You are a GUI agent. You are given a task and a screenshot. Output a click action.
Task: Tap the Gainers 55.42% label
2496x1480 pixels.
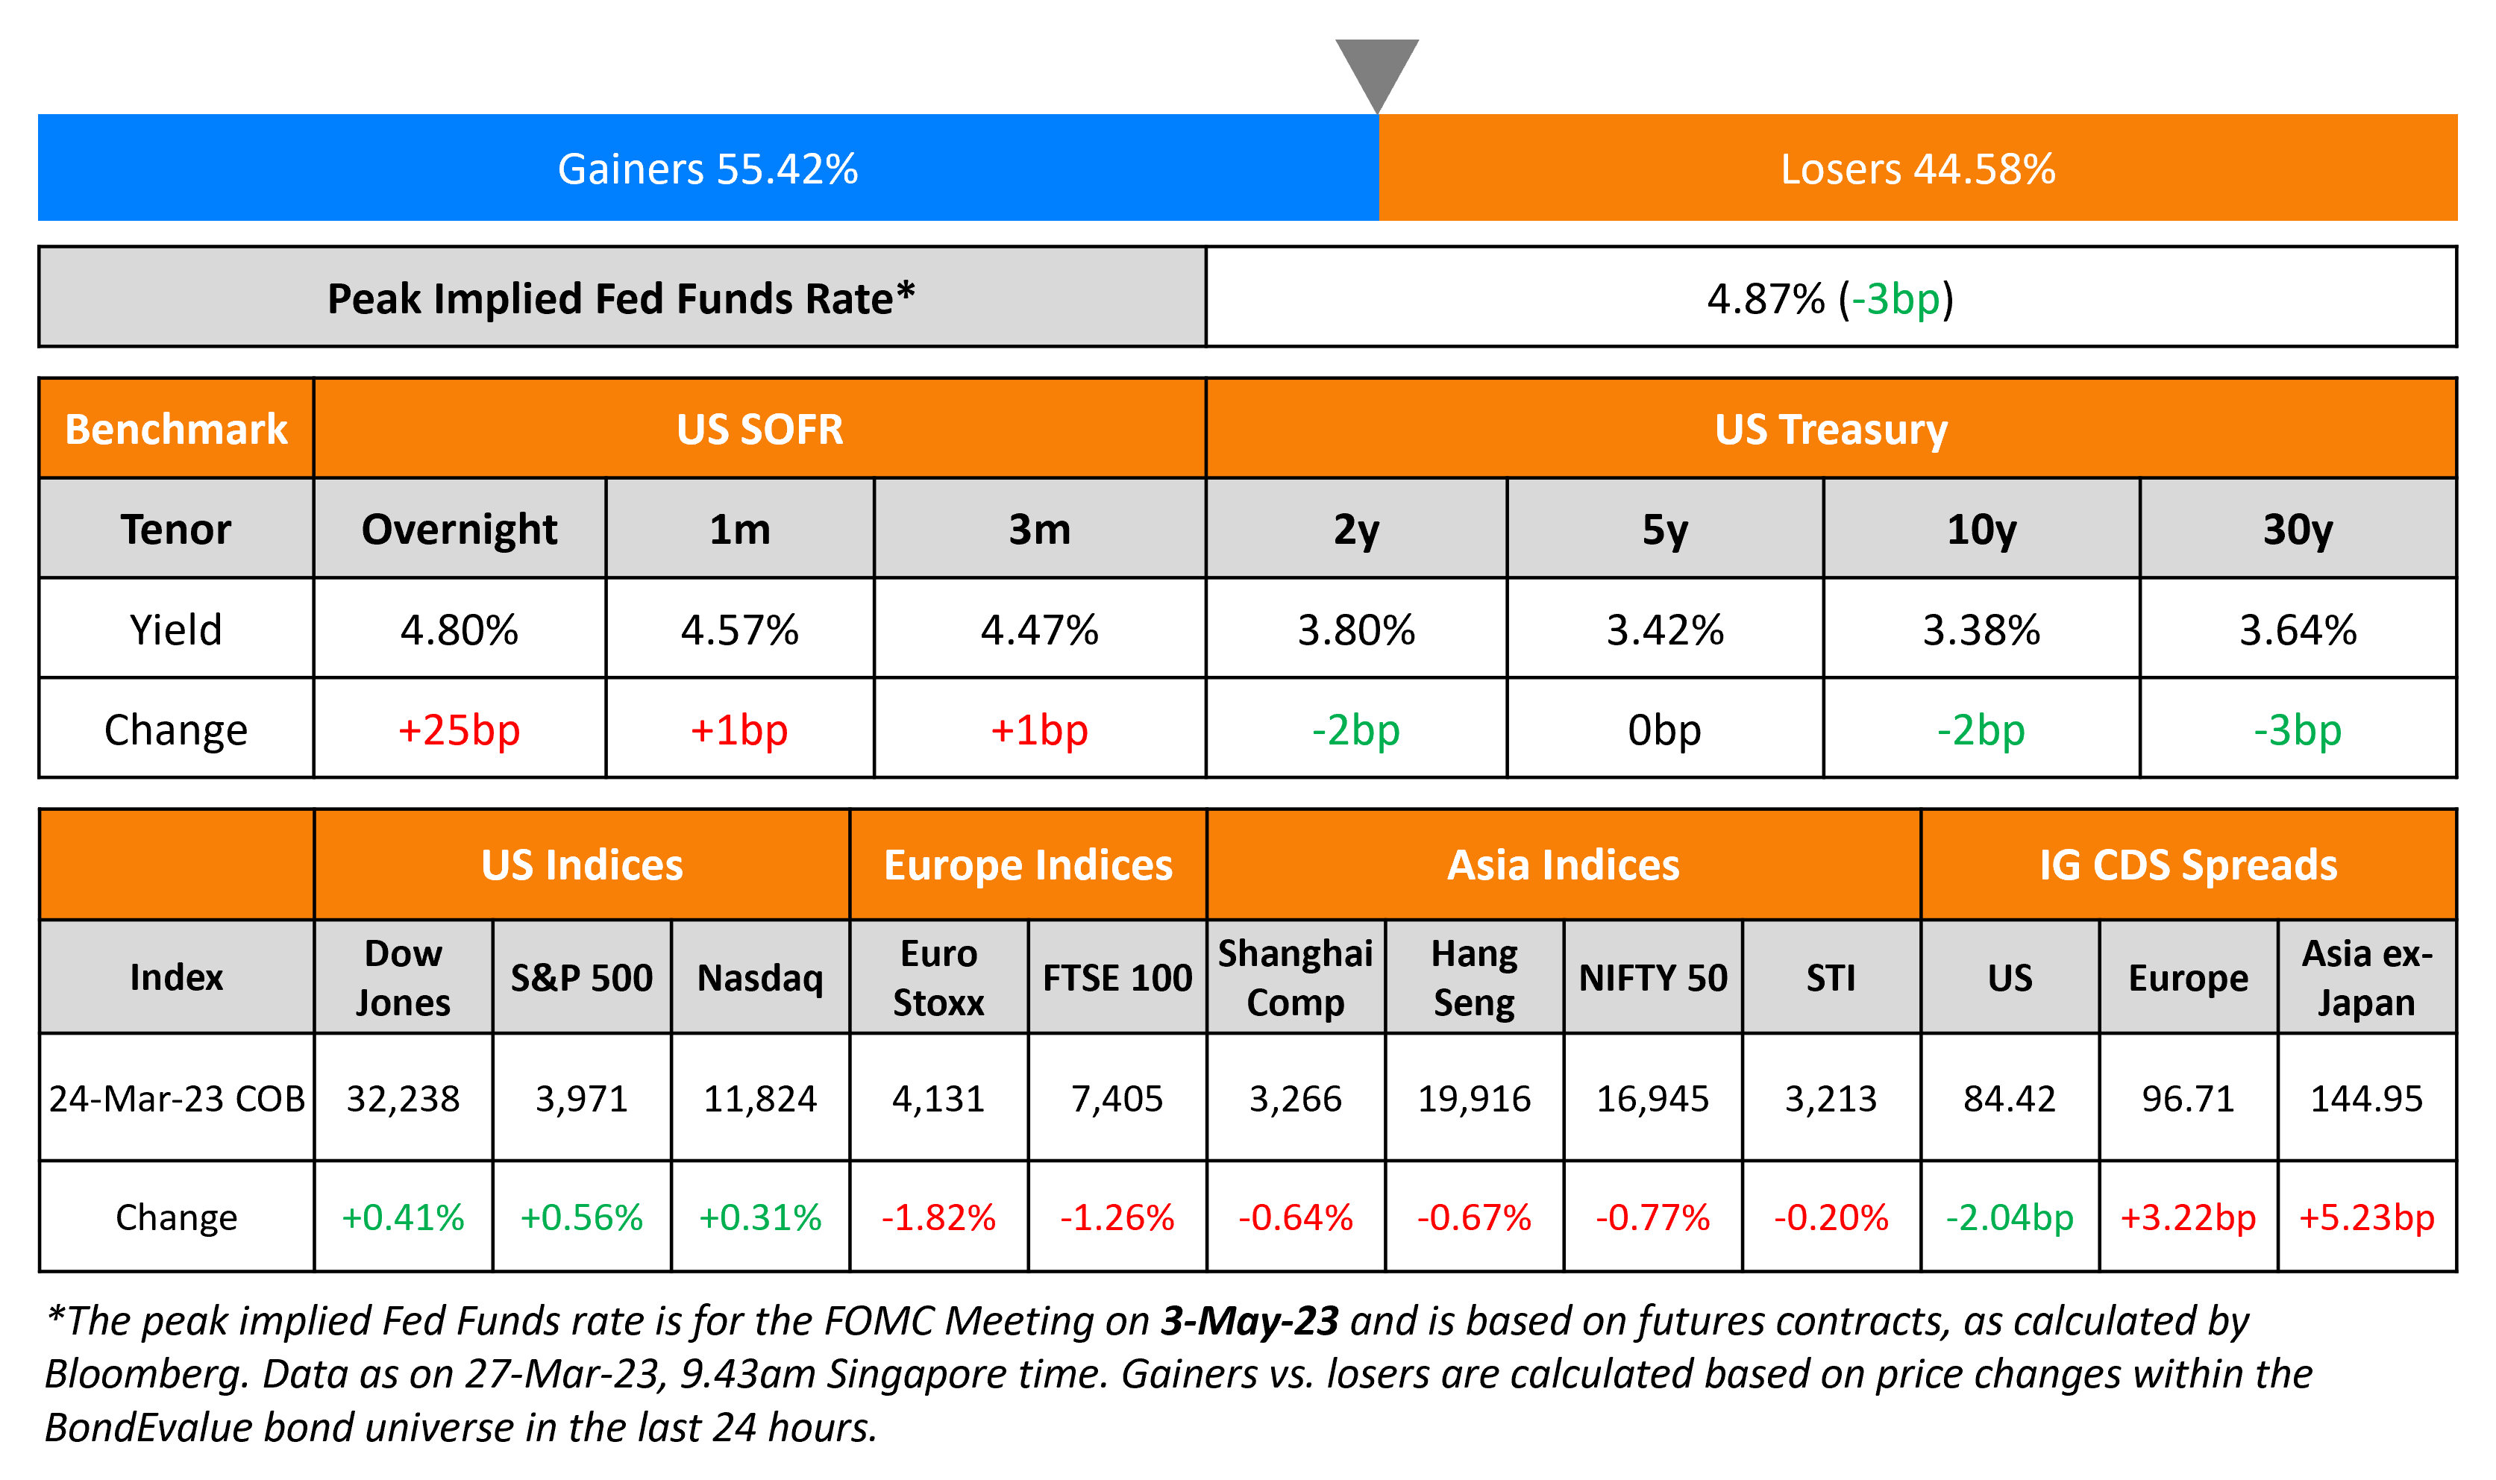pyautogui.click(x=707, y=169)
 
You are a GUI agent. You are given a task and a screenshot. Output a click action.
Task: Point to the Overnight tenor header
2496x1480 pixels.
pyautogui.click(x=459, y=530)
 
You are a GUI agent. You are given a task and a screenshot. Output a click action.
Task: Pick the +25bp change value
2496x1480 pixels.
pyautogui.click(x=459, y=730)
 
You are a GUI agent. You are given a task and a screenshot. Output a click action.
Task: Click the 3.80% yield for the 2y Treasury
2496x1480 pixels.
pyautogui.click(x=1355, y=630)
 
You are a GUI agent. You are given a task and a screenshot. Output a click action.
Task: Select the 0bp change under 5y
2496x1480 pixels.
pyautogui.click(x=1664, y=730)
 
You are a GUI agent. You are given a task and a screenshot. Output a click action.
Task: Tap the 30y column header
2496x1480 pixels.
pyautogui.click(x=2297, y=530)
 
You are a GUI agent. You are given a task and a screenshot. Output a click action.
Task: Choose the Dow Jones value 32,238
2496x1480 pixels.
pyautogui.click(x=403, y=1098)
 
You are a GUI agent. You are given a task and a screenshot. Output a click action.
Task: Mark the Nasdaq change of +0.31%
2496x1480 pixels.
pyautogui.click(x=760, y=1217)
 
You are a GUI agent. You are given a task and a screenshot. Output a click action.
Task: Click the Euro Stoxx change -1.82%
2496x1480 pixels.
pyautogui.click(x=938, y=1217)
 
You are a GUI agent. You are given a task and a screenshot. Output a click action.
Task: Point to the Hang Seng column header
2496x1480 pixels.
pyautogui.click(x=1474, y=977)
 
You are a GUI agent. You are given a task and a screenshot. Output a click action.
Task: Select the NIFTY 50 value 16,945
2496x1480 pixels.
pyautogui.click(x=1652, y=1098)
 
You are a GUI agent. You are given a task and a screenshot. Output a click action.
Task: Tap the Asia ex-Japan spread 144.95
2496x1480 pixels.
pyautogui.click(x=2366, y=1098)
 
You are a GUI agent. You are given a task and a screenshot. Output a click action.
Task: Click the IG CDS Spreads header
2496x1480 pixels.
pyautogui.click(x=2188, y=865)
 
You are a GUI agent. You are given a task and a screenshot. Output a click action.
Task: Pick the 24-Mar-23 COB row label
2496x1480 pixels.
pyautogui.click(x=177, y=1098)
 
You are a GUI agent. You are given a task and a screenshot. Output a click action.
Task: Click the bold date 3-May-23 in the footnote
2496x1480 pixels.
pyautogui.click(x=1249, y=1320)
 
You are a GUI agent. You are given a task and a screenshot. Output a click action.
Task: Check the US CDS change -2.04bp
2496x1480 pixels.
pyautogui.click(x=2010, y=1217)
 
